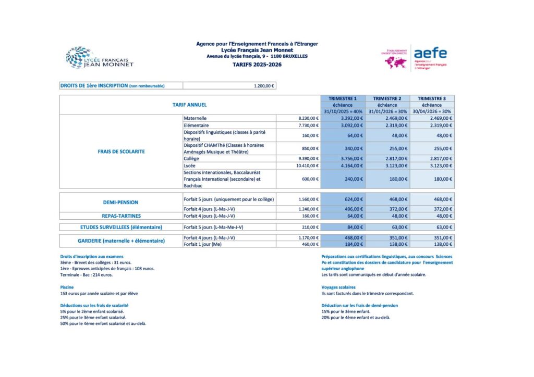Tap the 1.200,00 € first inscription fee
tap(264, 86)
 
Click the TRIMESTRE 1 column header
tap(343, 98)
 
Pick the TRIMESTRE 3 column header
tap(432, 98)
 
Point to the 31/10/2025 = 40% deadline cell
tap(343, 111)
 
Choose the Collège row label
tap(191, 158)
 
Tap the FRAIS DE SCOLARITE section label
tap(121, 152)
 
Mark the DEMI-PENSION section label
tap(120, 202)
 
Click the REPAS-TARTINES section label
tap(121, 216)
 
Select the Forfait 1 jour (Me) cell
tap(203, 244)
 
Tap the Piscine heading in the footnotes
tap(67, 287)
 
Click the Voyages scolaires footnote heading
tap(338, 287)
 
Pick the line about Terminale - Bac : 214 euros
tap(87, 274)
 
